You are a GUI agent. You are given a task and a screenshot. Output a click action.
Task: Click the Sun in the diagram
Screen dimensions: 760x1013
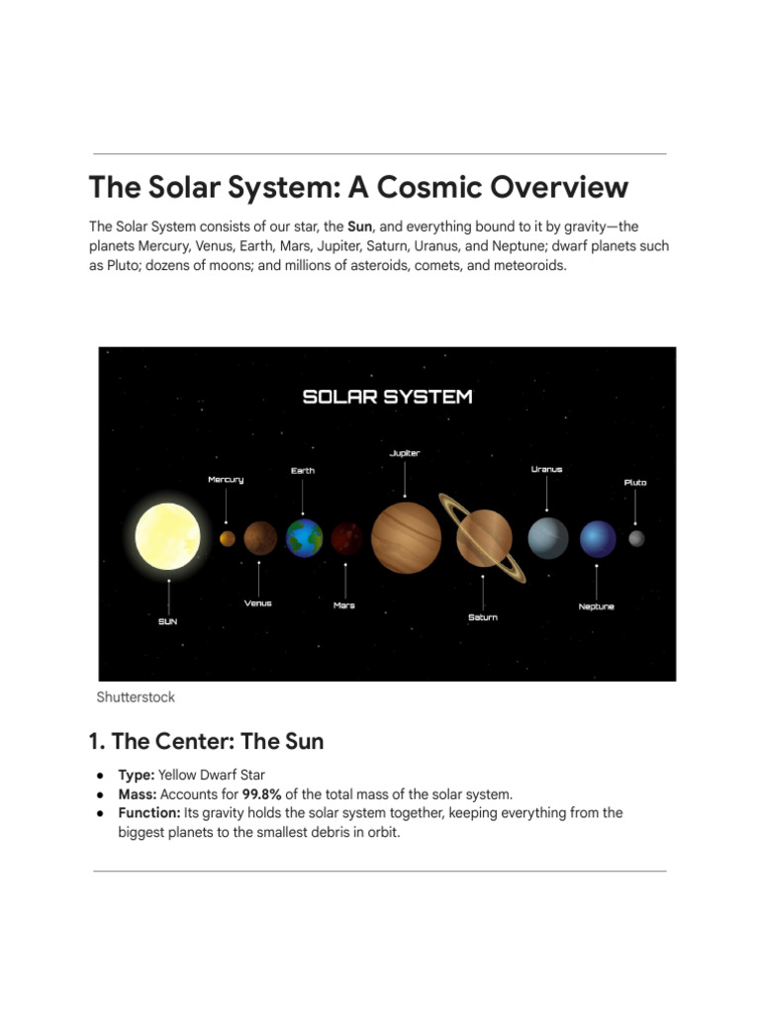click(x=167, y=536)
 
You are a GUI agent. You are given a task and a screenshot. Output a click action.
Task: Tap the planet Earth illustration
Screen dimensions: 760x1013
click(x=305, y=537)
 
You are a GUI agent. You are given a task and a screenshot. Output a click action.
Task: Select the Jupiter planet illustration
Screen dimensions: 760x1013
click(x=406, y=537)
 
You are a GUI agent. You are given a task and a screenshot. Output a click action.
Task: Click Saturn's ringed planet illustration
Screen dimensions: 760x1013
click(x=483, y=538)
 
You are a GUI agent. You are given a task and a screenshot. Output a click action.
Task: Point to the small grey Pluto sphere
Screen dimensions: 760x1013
click(x=636, y=538)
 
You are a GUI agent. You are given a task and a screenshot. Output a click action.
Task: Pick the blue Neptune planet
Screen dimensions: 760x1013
click(x=598, y=539)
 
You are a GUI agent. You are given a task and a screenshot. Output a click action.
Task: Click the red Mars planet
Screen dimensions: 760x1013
click(x=347, y=538)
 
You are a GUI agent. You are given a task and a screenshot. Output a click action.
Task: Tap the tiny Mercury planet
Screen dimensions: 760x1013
click(x=228, y=538)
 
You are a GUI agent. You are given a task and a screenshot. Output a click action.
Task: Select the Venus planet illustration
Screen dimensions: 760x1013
click(x=260, y=538)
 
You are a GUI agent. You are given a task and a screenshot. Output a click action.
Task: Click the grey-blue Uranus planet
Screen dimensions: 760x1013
click(x=548, y=538)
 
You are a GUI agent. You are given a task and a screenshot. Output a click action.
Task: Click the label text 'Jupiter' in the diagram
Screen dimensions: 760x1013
click(x=405, y=453)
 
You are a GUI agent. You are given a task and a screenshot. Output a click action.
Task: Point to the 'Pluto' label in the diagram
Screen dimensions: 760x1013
click(x=635, y=482)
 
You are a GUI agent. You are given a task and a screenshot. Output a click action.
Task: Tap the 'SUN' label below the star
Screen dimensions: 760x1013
click(x=168, y=621)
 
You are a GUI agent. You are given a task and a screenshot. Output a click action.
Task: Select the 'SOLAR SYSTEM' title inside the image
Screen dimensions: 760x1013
click(x=387, y=397)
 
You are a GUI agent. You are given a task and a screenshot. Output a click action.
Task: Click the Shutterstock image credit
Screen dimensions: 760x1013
click(x=136, y=697)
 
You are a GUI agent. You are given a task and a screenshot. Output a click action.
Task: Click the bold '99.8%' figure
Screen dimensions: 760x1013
click(x=261, y=794)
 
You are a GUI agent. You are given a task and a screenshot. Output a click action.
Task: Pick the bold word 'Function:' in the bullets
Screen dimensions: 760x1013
click(x=149, y=813)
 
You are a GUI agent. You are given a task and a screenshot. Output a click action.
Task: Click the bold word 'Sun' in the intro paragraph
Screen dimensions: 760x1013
click(x=360, y=227)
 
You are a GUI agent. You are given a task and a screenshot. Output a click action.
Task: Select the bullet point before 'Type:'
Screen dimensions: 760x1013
click(x=100, y=776)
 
